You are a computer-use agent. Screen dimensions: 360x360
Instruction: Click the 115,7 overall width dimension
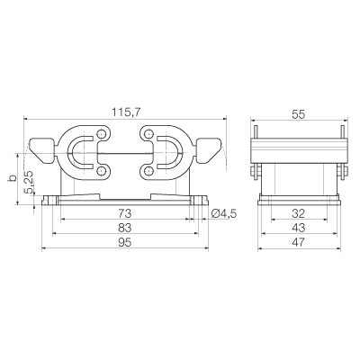pyautogui.click(x=126, y=112)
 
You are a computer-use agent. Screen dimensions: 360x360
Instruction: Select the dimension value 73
pyautogui.click(x=124, y=213)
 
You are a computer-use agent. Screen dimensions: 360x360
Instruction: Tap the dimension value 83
pyautogui.click(x=124, y=228)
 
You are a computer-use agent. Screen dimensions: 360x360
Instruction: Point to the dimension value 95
pyautogui.click(x=124, y=242)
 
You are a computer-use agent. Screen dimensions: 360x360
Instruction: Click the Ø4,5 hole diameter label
pyautogui.click(x=224, y=213)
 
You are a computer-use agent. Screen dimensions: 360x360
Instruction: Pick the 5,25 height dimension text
pyautogui.click(x=31, y=182)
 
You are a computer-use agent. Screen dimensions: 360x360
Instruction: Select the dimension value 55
pyautogui.click(x=299, y=114)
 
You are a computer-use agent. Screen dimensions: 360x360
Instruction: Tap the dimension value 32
pyautogui.click(x=299, y=213)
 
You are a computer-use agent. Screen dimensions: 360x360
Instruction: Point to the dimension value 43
pyautogui.click(x=299, y=228)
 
